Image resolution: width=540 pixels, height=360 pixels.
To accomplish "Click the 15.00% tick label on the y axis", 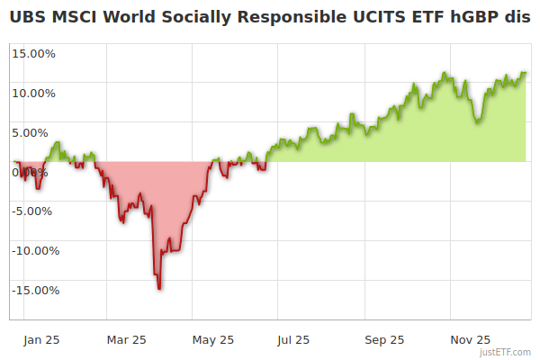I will click(x=33, y=53).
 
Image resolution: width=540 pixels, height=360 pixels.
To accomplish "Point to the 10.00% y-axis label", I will click(x=33, y=93).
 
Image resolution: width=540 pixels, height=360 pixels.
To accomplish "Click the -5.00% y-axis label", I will click(x=34, y=211).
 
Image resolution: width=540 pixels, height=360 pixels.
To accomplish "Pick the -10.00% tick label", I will click(x=34, y=251).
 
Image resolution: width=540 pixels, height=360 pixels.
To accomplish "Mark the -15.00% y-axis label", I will click(x=34, y=291).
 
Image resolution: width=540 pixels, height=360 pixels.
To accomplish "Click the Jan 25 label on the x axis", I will click(x=41, y=340).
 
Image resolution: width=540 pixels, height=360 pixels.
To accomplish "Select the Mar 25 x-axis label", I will click(x=126, y=340).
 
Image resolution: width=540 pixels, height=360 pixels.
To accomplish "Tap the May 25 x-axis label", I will click(x=213, y=340).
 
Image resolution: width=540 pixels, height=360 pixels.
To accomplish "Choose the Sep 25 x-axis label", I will click(x=384, y=340).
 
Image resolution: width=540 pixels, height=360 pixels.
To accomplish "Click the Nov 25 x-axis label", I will click(x=471, y=340).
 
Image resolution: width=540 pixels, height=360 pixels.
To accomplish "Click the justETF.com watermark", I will click(x=506, y=352).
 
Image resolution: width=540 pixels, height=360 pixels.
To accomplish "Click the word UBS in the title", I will click(x=28, y=16).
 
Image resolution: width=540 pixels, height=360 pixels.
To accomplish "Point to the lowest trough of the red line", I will click(x=159, y=288).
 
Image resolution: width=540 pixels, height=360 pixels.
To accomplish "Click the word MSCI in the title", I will click(x=75, y=16).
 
